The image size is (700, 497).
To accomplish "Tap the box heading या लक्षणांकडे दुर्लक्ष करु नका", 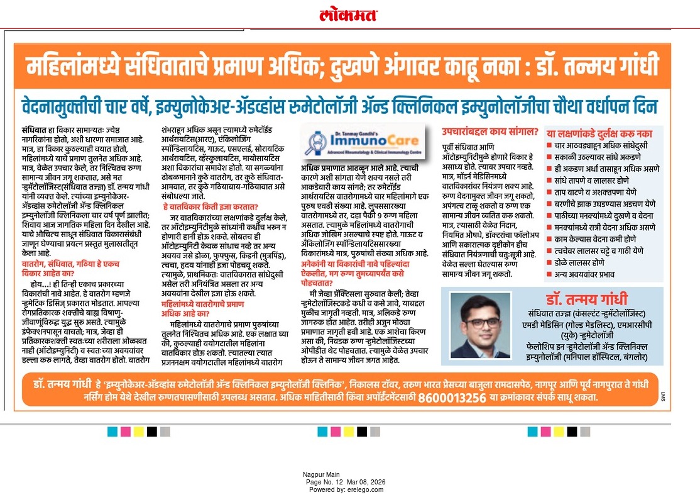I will coord(599,133).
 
